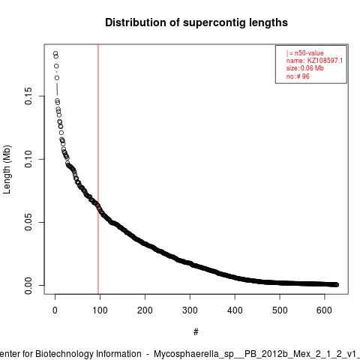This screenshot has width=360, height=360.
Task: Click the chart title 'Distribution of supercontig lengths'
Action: point(196,22)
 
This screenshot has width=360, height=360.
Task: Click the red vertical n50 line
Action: point(98,169)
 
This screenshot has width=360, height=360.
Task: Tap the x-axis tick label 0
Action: point(55,310)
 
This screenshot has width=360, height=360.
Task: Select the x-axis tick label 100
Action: point(100,310)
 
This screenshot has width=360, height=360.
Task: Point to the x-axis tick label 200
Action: point(145,310)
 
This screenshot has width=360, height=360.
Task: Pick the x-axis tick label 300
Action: point(190,310)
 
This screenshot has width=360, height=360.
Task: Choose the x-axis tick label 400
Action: point(235,310)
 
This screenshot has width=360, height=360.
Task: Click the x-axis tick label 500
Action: point(280,310)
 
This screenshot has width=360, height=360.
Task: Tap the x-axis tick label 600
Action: point(325,310)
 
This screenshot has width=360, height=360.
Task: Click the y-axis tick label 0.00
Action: point(28,285)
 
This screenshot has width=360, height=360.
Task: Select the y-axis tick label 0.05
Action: point(28,222)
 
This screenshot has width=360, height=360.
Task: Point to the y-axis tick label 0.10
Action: point(28,159)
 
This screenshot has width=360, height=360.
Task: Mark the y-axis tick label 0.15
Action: point(28,96)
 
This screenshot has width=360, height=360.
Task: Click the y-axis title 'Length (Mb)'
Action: point(7,169)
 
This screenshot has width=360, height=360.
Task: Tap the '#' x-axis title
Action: point(196,332)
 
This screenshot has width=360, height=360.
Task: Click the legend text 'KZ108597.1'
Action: point(325,61)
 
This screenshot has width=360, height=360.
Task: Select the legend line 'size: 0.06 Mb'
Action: point(305,68)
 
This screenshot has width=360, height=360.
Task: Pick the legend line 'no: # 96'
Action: point(298,76)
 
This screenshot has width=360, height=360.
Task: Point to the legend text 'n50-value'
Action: point(309,53)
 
